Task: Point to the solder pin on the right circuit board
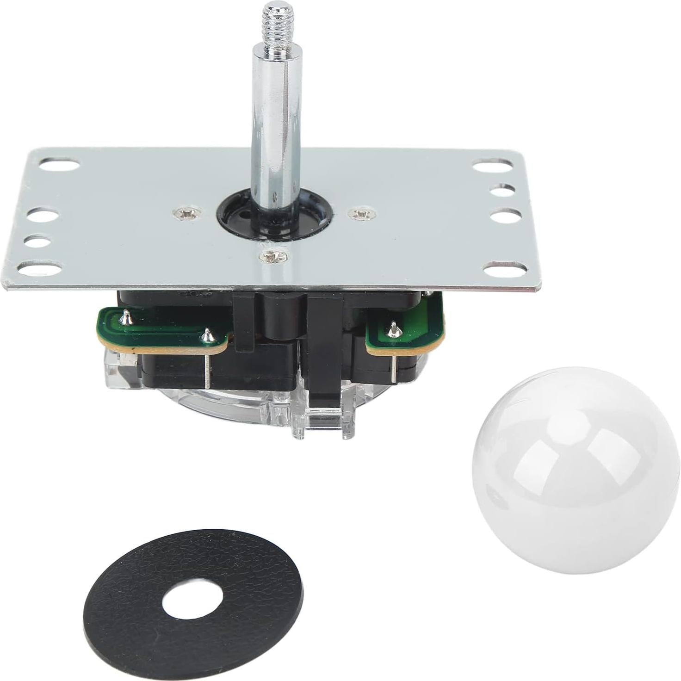(393, 328)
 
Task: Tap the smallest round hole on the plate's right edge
(503, 190)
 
